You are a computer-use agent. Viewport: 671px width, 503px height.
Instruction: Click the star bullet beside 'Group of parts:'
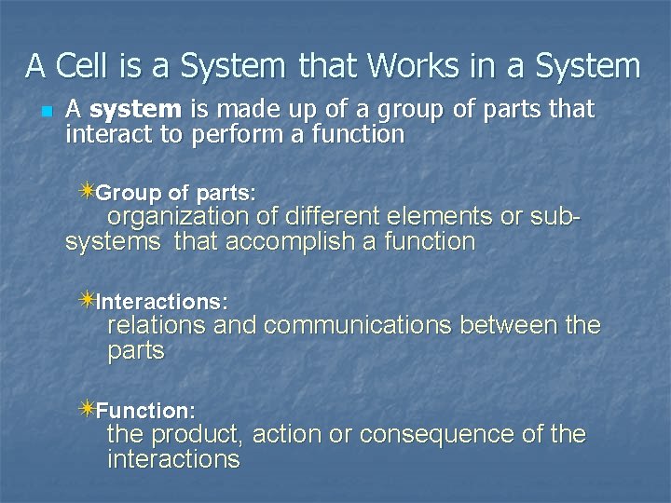pyautogui.click(x=87, y=191)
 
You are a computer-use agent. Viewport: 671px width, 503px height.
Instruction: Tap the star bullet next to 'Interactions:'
pyautogui.click(x=87, y=300)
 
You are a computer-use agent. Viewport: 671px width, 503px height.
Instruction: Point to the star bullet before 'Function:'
pyautogui.click(x=87, y=408)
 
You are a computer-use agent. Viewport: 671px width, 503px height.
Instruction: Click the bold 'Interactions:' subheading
pyautogui.click(x=162, y=302)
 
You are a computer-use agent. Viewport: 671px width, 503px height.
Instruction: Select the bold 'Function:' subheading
pyautogui.click(x=145, y=410)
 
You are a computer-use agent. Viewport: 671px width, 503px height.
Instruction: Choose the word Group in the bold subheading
pyautogui.click(x=129, y=193)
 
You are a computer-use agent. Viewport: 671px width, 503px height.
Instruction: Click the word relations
pyautogui.click(x=157, y=326)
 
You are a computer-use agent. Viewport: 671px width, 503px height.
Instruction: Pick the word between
pyautogui.click(x=512, y=326)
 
